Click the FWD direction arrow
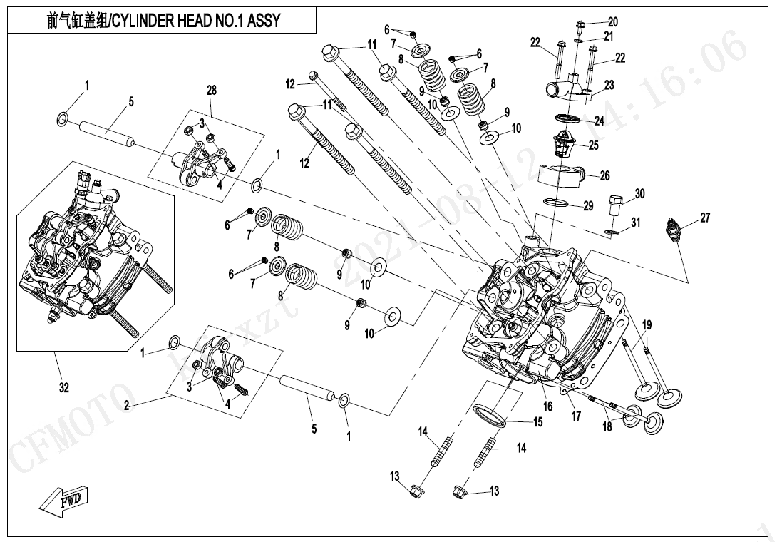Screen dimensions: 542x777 (63, 498)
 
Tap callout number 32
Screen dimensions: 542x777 (64, 387)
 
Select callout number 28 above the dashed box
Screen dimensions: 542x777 (212, 90)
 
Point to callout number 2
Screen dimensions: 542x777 (126, 406)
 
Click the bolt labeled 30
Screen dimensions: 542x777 (616, 205)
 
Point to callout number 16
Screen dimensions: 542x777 (547, 406)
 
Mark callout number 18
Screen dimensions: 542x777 (607, 426)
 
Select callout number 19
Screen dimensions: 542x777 (646, 325)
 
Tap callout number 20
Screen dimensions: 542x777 (612, 21)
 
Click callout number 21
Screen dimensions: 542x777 (608, 36)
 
